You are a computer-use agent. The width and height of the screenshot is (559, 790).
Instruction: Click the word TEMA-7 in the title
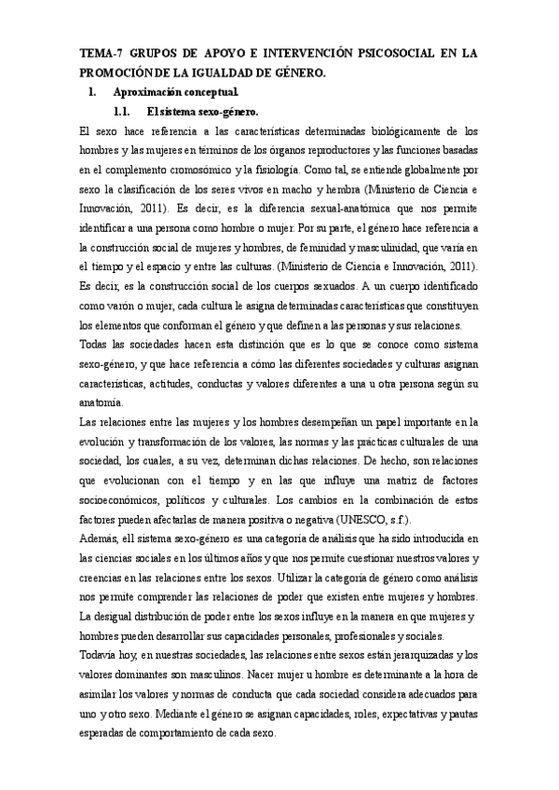[98, 54]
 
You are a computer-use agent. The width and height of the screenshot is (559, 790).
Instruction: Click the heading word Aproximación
[147, 92]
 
